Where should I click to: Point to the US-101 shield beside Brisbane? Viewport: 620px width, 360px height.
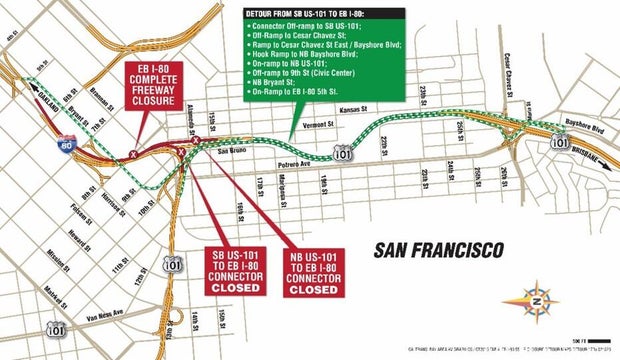click(x=561, y=143)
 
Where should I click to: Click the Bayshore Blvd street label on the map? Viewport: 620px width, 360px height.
click(x=587, y=128)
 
